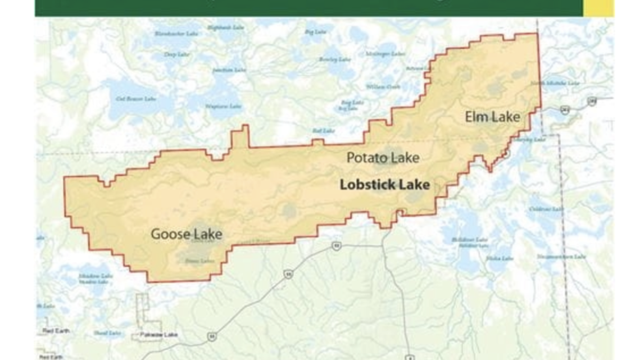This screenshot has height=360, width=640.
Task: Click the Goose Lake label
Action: tap(186, 234)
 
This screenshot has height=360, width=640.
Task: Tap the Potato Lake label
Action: tap(382, 158)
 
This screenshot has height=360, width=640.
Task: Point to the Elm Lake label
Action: tap(492, 117)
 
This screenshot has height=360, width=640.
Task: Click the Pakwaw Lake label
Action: tap(158, 335)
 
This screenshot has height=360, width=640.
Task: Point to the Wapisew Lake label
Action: tap(223, 106)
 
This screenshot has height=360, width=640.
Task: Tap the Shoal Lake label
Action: tap(107, 333)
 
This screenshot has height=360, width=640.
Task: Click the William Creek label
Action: tap(383, 86)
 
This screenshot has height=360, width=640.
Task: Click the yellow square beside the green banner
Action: tap(597, 7)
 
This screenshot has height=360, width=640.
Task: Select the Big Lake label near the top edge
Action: tap(315, 32)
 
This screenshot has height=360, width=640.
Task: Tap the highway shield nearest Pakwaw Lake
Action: tap(212, 337)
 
